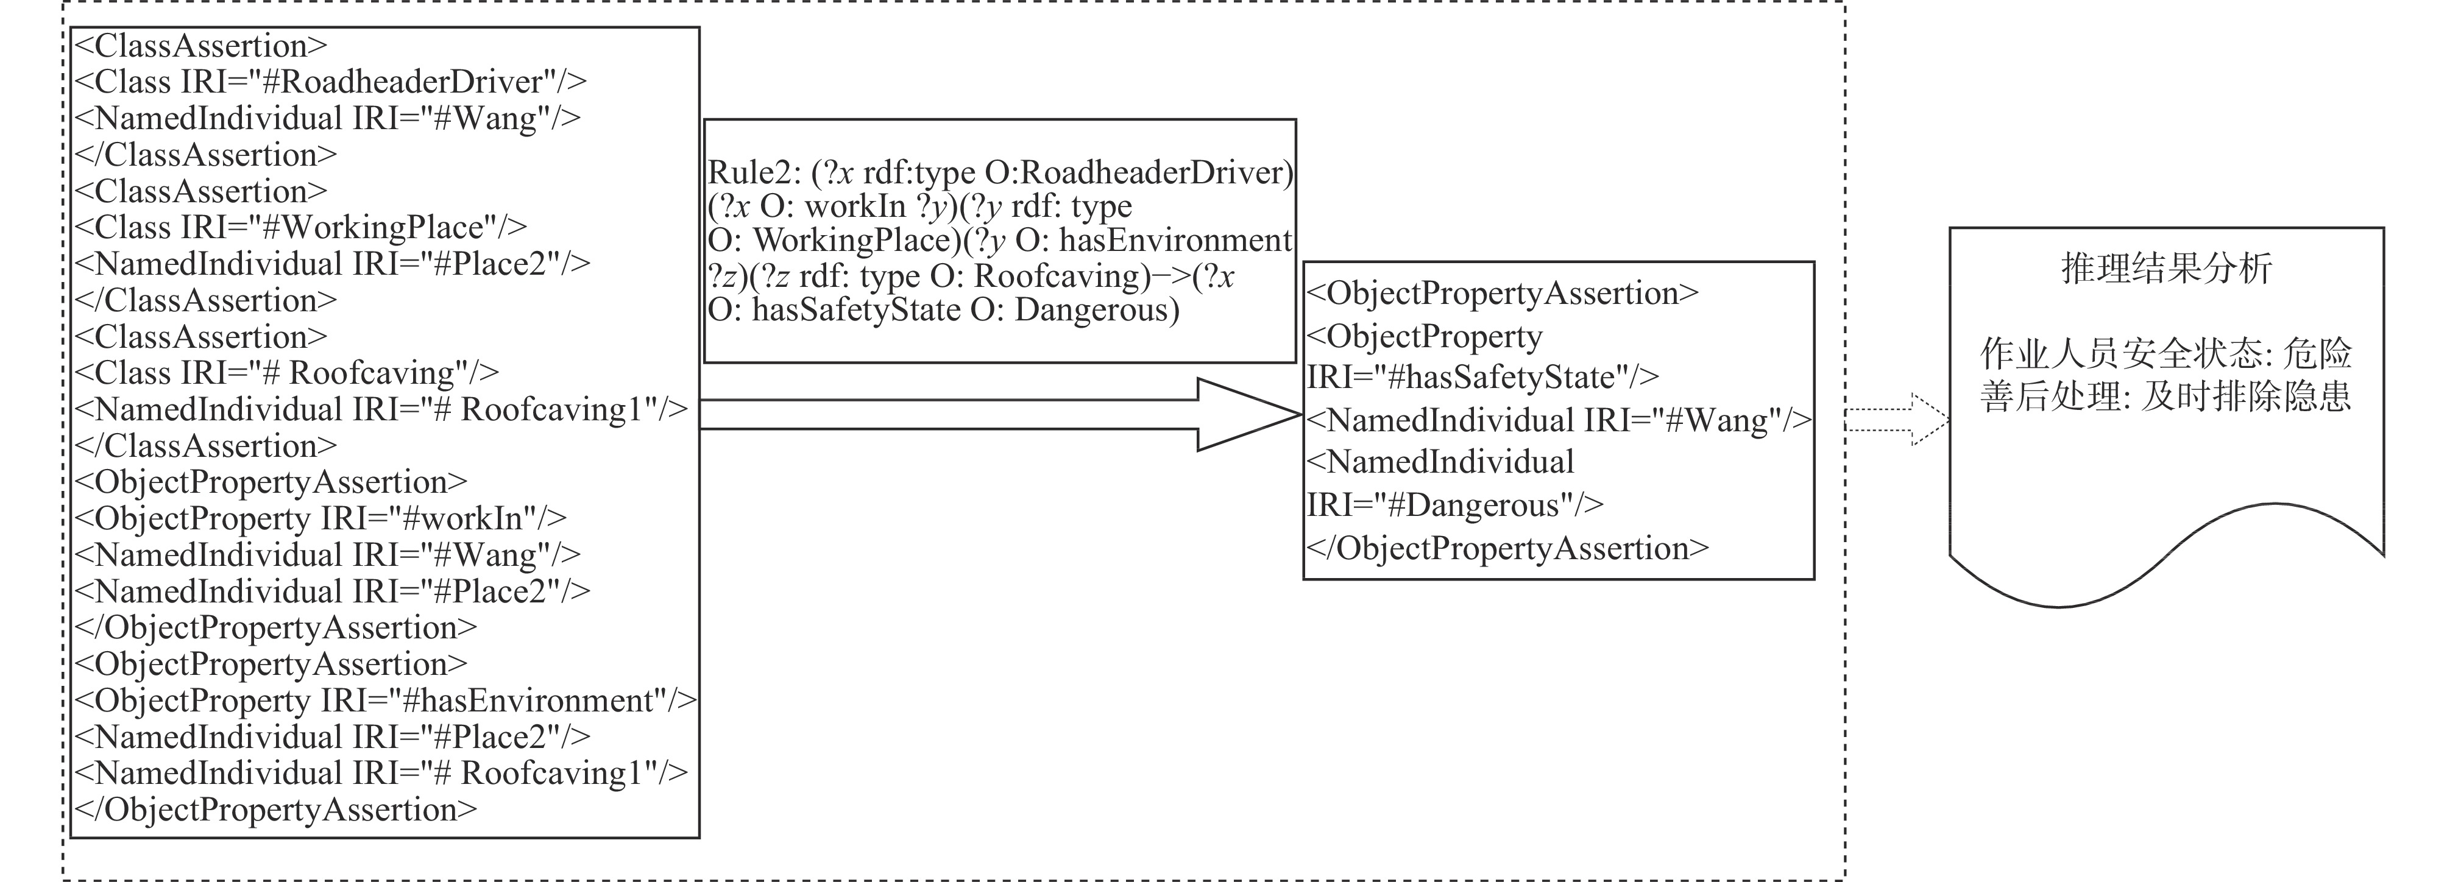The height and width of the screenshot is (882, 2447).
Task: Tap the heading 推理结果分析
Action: pos(2166,269)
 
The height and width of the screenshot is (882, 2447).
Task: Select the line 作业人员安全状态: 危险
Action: pos(2166,354)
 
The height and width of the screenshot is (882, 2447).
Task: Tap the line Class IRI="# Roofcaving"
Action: pos(286,373)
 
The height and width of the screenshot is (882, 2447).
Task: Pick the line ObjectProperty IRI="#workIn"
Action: pos(320,518)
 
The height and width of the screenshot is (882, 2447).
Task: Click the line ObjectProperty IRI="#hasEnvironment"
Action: pos(384,700)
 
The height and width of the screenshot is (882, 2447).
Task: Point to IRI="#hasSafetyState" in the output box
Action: pos(1483,378)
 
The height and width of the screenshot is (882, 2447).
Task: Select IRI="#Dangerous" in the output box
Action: pos(1455,505)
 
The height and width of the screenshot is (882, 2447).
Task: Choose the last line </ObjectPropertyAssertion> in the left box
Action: pos(275,810)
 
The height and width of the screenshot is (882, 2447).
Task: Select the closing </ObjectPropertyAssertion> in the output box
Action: pos(1507,549)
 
